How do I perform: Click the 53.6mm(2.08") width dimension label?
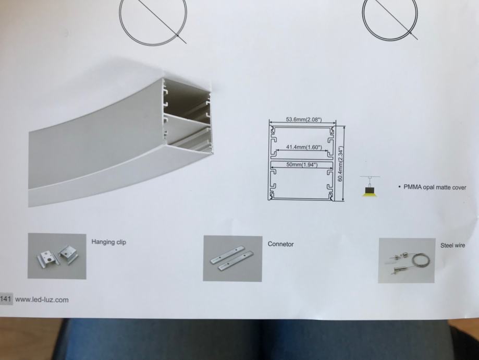(x=304, y=119)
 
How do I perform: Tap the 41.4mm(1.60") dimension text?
(x=304, y=147)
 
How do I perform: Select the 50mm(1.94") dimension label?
(x=302, y=164)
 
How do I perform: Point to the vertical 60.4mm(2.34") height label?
(x=340, y=164)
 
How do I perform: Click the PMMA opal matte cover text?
(x=435, y=187)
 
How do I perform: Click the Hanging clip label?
(x=109, y=242)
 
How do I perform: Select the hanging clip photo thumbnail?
(x=57, y=256)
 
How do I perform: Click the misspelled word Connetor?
(x=280, y=244)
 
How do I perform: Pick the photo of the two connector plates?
(x=232, y=258)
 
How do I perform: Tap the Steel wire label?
(x=452, y=245)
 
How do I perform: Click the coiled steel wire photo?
(x=407, y=260)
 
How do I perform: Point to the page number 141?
(x=6, y=298)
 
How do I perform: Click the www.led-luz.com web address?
(x=42, y=300)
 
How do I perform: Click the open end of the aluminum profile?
(x=187, y=116)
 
